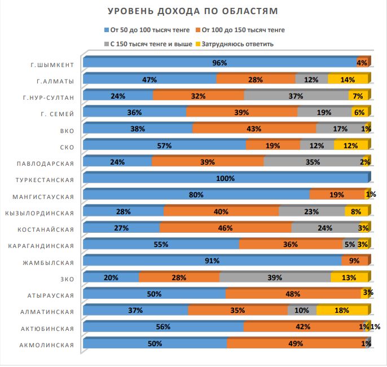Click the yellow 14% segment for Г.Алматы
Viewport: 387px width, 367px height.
[x=348, y=79]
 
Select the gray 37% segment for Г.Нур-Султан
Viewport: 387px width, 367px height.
[x=296, y=96]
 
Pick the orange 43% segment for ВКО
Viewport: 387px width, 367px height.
[x=254, y=129]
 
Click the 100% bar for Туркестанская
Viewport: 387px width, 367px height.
[x=225, y=179]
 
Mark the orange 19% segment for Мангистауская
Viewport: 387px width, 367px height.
[x=337, y=195]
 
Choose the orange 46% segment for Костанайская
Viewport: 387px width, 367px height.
[x=226, y=228]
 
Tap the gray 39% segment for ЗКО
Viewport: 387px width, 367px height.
[x=275, y=277]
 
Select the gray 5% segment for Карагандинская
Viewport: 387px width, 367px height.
[x=349, y=245]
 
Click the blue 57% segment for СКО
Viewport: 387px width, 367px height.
[x=164, y=145]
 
